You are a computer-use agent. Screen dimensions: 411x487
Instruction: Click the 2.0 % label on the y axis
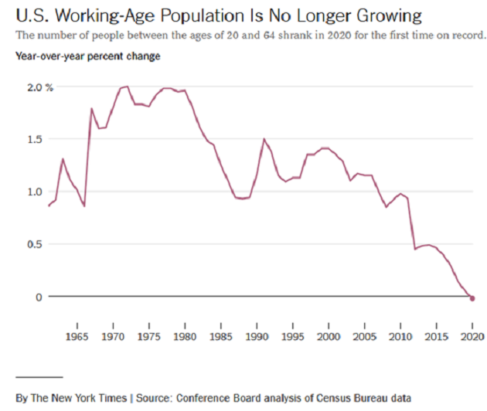pos(39,87)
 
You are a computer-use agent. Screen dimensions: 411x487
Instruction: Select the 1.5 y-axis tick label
pos(35,139)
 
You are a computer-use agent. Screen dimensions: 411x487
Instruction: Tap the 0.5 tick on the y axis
pos(35,244)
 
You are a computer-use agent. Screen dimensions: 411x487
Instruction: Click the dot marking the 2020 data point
pos(472,298)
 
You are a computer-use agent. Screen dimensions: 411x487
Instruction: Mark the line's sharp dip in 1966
pos(84,206)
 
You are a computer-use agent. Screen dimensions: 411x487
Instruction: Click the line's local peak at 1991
pos(264,139)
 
